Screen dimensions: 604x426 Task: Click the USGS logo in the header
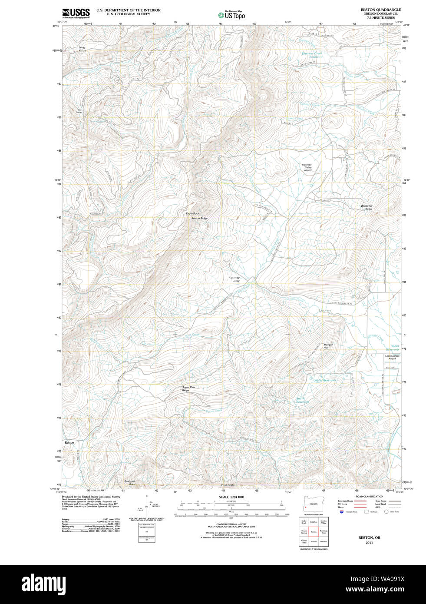click(x=76, y=13)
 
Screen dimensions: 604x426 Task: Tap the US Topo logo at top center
click(x=231, y=15)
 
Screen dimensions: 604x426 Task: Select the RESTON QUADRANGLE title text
click(x=380, y=10)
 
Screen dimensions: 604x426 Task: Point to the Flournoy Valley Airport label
click(x=307, y=167)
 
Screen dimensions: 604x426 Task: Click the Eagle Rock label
click(x=192, y=213)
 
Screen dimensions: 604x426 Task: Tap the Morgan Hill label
click(x=328, y=346)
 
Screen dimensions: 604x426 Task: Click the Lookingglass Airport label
click(x=392, y=357)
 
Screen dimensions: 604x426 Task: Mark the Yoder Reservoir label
click(x=392, y=348)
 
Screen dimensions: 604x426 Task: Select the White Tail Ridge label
click(x=367, y=208)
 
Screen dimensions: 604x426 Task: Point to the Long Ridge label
click(x=82, y=49)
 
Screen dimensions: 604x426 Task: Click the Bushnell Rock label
click(x=129, y=482)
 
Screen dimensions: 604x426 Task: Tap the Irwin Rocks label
click(x=227, y=485)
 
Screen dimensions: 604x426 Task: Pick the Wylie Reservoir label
click(x=325, y=380)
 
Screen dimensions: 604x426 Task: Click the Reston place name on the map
click(x=69, y=442)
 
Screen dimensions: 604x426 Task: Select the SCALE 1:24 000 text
click(x=231, y=497)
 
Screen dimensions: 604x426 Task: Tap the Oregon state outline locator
click(x=310, y=507)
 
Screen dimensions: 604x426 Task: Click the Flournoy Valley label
click(x=234, y=279)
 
